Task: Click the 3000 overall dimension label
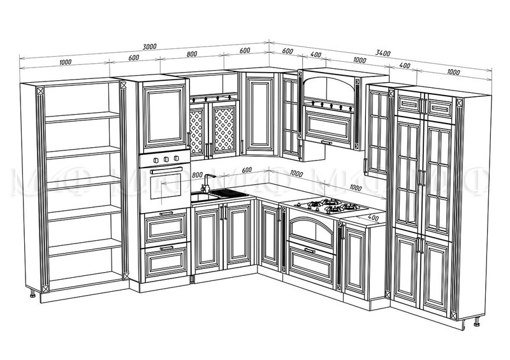coord(150,47)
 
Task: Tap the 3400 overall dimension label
coord(383,53)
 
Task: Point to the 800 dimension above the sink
coord(197,174)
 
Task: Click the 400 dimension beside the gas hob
coord(372,218)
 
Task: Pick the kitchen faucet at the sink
coord(205,188)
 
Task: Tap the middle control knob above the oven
coord(165,158)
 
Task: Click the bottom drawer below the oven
coord(165,261)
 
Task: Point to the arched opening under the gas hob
coord(312,230)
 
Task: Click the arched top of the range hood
coord(330,85)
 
